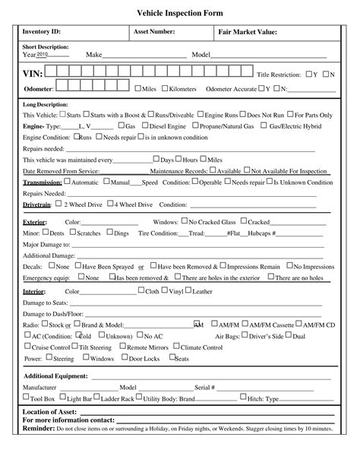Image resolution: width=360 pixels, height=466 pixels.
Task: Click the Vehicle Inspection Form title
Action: pyautogui.click(x=180, y=14)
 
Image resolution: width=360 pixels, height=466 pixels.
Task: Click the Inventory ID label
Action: pyautogui.click(x=40, y=32)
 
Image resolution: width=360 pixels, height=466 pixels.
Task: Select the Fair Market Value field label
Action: pyautogui.click(x=248, y=32)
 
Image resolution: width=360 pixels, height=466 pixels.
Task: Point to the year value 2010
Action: pyautogui.click(x=43, y=55)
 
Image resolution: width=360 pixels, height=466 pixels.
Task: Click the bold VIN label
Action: pyautogui.click(x=33, y=74)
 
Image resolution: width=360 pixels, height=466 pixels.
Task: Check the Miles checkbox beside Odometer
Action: pyautogui.click(x=138, y=88)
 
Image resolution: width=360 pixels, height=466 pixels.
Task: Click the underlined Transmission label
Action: pyautogui.click(x=42, y=183)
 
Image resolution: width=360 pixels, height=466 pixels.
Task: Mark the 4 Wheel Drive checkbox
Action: pyautogui.click(x=109, y=204)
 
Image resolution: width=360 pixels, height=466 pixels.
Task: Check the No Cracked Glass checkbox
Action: pyautogui.click(x=185, y=221)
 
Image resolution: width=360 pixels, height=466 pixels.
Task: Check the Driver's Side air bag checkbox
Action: pyautogui.click(x=245, y=335)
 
